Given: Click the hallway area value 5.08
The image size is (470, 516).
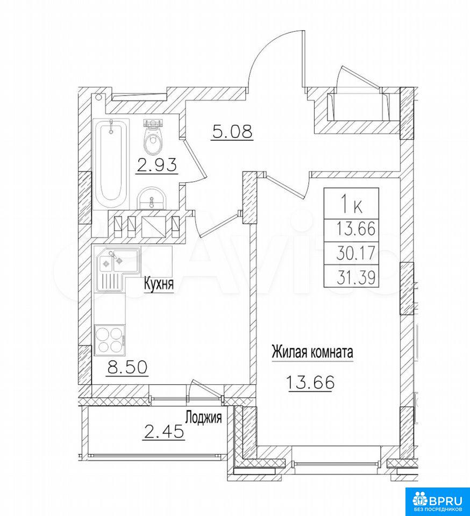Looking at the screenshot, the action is [232, 132].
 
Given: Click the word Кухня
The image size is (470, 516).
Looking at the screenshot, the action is [159, 283].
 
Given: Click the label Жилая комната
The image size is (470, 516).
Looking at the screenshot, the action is [312, 352].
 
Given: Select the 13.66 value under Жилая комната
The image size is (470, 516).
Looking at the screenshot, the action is [310, 382].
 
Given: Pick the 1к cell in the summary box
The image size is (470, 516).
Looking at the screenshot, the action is [352, 203].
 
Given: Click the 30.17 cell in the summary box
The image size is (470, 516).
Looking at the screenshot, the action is [352, 253].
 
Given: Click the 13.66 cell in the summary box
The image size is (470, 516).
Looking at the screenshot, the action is [352, 231].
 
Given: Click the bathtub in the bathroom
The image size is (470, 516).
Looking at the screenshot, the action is [111, 164].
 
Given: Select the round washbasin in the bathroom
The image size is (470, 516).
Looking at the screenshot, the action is [152, 198].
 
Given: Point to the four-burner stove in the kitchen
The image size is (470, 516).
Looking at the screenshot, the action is [110, 340].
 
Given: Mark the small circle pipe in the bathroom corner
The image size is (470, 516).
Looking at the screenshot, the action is [98, 97].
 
